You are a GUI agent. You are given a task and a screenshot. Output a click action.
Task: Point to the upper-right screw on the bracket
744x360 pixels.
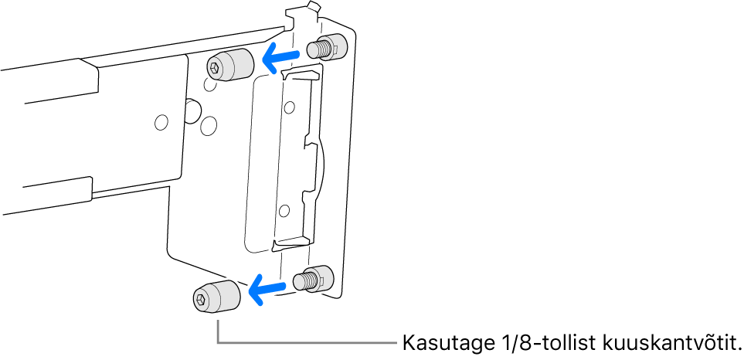(x=326, y=48)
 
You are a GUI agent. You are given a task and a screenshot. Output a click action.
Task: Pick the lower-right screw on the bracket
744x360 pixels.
(x=316, y=278)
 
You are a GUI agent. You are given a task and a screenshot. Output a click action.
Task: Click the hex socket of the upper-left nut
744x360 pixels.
(x=214, y=68)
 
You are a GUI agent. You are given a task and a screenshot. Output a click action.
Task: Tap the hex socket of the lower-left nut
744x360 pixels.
(x=201, y=298)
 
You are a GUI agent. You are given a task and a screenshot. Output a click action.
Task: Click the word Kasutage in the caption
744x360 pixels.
(x=437, y=342)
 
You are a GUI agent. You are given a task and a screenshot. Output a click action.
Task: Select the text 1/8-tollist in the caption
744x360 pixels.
(x=531, y=342)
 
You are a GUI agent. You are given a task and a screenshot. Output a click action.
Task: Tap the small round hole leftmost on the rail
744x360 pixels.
(x=161, y=122)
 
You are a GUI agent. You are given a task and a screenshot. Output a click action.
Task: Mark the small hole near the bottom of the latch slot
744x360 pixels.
(x=284, y=209)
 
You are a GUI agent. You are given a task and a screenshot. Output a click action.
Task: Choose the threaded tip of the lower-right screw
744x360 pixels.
(x=304, y=280)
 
